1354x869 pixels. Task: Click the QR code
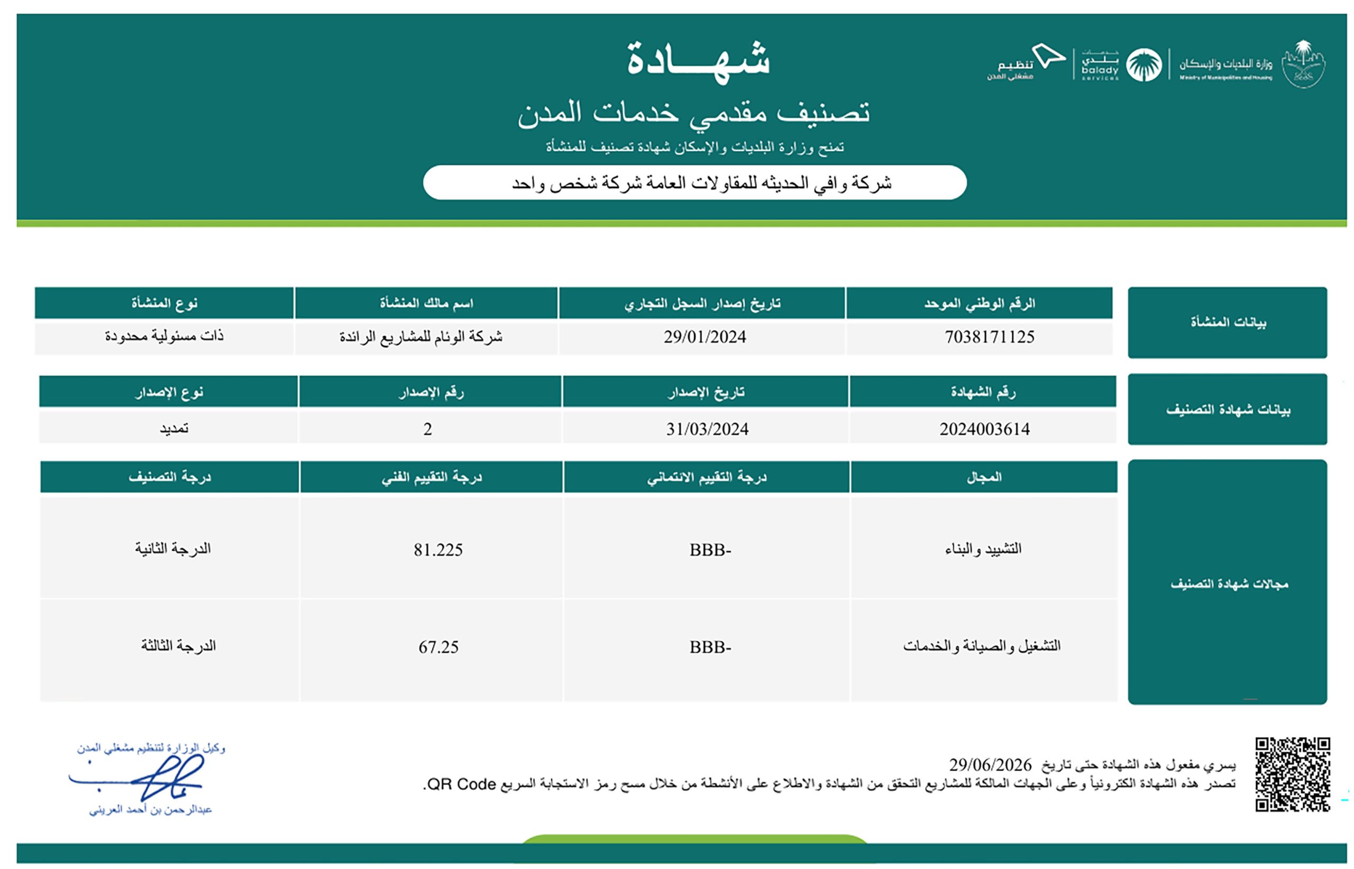(1292, 774)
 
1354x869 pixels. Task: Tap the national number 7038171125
(989, 337)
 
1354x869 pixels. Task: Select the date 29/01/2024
(704, 337)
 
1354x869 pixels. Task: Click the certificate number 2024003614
(984, 429)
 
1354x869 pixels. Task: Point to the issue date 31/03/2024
(707, 429)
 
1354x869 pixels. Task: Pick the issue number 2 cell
(427, 429)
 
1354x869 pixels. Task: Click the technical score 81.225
(437, 549)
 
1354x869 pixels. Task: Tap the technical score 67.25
(438, 646)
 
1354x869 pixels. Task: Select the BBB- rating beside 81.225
(710, 549)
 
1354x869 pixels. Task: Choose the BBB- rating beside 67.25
(710, 646)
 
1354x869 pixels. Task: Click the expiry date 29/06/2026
(990, 765)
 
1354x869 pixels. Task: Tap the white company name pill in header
(694, 182)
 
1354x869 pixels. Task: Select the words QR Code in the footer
(461, 784)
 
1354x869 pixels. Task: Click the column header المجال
(984, 477)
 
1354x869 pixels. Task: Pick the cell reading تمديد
(173, 429)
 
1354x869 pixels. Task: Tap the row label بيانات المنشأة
(1228, 322)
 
